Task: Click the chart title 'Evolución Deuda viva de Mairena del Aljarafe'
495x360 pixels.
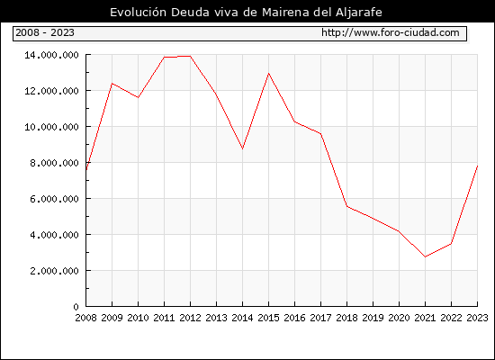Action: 246,13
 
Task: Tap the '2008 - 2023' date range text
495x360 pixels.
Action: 45,32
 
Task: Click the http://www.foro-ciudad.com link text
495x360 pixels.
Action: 391,32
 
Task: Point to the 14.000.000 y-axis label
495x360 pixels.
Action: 52,55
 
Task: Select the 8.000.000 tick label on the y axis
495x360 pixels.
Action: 54,163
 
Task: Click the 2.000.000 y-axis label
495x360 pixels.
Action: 54,271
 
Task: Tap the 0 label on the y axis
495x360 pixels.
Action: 76,307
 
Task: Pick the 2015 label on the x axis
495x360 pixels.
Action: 269,318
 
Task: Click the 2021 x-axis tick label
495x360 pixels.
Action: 425,318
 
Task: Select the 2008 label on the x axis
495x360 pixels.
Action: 85,318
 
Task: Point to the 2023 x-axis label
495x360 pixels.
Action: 477,318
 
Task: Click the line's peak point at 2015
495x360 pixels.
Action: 269,74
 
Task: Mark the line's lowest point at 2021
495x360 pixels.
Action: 425,256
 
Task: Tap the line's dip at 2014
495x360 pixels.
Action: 242,148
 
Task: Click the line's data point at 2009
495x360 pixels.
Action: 112,84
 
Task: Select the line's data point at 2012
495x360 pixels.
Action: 191,56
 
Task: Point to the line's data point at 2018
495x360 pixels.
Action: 346,206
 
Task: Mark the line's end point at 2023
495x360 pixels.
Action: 477,166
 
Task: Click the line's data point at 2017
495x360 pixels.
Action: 320,134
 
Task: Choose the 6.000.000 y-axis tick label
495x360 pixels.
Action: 54,199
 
